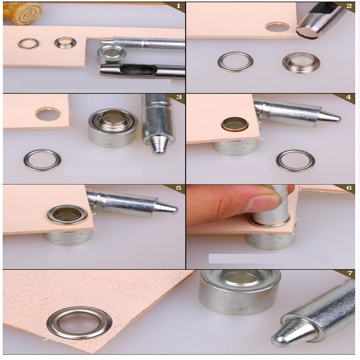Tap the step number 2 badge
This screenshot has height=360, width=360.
point(349,6)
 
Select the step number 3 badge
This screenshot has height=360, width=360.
point(179,97)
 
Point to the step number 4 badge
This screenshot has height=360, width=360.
point(348,97)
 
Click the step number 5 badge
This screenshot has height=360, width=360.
point(179,188)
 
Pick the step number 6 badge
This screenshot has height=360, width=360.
point(349,188)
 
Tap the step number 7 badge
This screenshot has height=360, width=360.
point(350,273)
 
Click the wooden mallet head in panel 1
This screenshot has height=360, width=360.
point(23,13)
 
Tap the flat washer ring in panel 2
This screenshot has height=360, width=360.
point(235,62)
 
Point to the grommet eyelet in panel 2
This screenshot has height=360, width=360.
point(301,63)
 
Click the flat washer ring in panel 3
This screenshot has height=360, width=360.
point(42,160)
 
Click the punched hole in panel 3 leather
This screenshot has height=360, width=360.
point(48,114)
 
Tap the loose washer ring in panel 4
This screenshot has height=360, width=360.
point(295,161)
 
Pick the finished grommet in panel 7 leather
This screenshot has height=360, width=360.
point(79,323)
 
